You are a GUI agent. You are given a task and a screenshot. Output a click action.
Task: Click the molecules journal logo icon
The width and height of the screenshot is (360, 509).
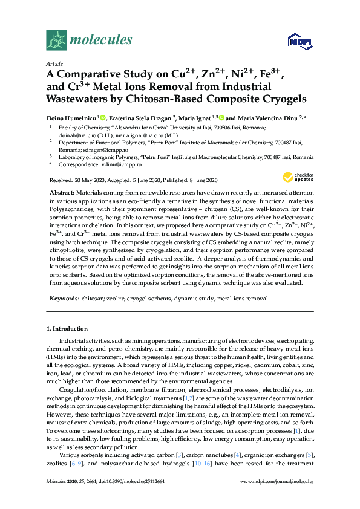point(56,40)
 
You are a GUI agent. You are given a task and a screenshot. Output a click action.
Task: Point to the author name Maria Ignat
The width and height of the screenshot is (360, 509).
point(193,117)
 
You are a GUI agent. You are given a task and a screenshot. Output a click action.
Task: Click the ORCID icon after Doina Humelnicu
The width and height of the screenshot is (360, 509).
point(102,117)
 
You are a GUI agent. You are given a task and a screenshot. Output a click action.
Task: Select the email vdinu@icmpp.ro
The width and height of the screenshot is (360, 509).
point(119,164)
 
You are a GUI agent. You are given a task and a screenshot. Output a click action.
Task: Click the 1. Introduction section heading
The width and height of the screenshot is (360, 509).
point(67,329)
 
